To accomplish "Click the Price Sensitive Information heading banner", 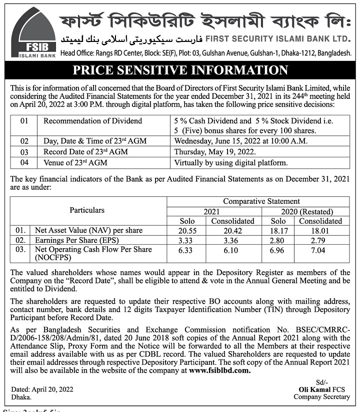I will (x=180, y=70).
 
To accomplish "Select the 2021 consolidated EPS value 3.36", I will (x=232, y=240).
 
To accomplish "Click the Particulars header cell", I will (x=87, y=210).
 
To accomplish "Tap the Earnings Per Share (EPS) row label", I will (x=73, y=240).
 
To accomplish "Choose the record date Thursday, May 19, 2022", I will (x=214, y=152).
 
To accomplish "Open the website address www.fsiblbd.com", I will (x=219, y=371).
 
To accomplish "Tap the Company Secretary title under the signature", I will (x=322, y=397).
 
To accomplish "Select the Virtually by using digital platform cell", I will (x=230, y=163).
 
